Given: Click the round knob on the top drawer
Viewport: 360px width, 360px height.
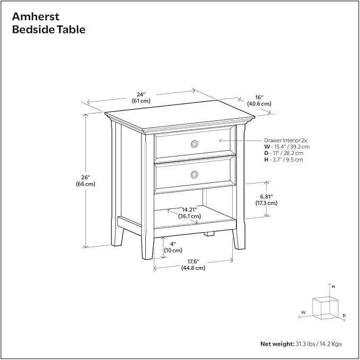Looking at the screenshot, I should (x=195, y=143).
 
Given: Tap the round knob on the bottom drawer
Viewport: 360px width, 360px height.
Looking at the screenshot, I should (x=195, y=174).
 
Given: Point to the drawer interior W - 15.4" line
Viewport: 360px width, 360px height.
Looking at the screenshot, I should (x=287, y=146).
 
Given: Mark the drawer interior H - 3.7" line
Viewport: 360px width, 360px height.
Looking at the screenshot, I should (x=284, y=159).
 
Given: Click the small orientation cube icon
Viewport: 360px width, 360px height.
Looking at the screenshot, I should (x=324, y=307).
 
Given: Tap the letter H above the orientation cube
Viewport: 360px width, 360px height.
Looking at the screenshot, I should (x=333, y=286).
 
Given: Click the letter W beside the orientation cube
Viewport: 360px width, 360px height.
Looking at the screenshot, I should (x=303, y=312).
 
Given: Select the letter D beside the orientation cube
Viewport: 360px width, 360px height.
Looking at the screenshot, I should (x=344, y=316).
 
